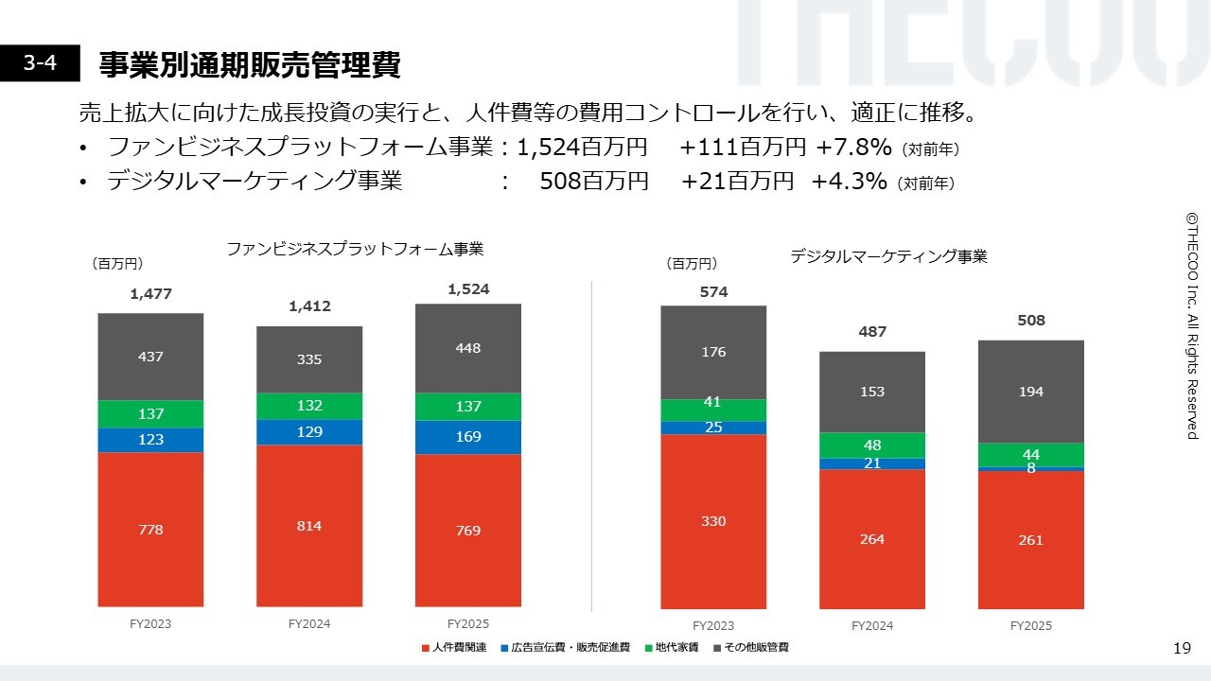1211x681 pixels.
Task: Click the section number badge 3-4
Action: (x=40, y=64)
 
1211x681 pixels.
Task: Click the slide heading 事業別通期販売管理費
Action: (x=250, y=65)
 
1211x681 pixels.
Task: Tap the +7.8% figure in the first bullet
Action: (x=854, y=148)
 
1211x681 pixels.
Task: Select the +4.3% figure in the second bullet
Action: (x=849, y=182)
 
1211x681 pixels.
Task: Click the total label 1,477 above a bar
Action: (x=150, y=294)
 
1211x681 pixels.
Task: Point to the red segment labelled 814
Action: (x=309, y=525)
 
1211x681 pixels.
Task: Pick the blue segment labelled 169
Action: (x=468, y=437)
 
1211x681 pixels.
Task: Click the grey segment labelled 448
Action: (x=468, y=348)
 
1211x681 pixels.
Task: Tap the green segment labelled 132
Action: (x=309, y=406)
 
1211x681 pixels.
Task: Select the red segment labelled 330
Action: (x=713, y=521)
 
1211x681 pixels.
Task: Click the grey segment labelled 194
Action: (x=1031, y=392)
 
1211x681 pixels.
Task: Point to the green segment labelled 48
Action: (x=872, y=445)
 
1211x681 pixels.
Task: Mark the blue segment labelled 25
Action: (x=713, y=428)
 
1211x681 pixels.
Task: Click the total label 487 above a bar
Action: (x=872, y=332)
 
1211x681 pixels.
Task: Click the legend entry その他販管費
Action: (x=756, y=648)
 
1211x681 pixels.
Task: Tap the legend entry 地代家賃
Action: (x=677, y=648)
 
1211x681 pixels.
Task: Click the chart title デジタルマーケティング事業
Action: (x=888, y=256)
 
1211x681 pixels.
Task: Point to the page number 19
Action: (x=1182, y=648)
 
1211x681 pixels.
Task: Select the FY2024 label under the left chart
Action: (x=309, y=624)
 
